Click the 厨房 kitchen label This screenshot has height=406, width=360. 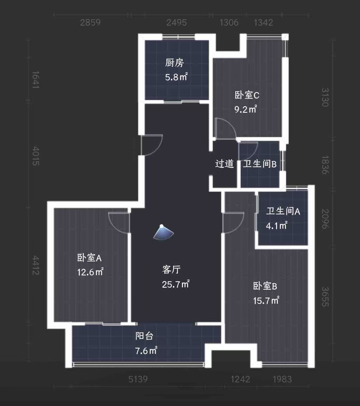[174, 63]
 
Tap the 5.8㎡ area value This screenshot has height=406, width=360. [176, 77]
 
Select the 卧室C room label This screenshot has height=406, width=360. [247, 95]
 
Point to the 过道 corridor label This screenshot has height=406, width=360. [224, 164]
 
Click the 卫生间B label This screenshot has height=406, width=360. [260, 164]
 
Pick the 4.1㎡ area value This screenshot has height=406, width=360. [277, 226]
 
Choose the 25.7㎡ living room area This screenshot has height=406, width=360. [176, 284]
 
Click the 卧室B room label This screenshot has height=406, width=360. [265, 286]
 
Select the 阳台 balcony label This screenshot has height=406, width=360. [144, 336]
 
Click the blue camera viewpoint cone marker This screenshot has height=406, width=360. [163, 233]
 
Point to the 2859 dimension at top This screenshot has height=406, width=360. [90, 22]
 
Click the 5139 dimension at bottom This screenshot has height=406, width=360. [138, 379]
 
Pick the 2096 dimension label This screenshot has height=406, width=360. [325, 219]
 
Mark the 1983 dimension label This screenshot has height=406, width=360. [282, 379]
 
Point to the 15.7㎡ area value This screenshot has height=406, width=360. [266, 300]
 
